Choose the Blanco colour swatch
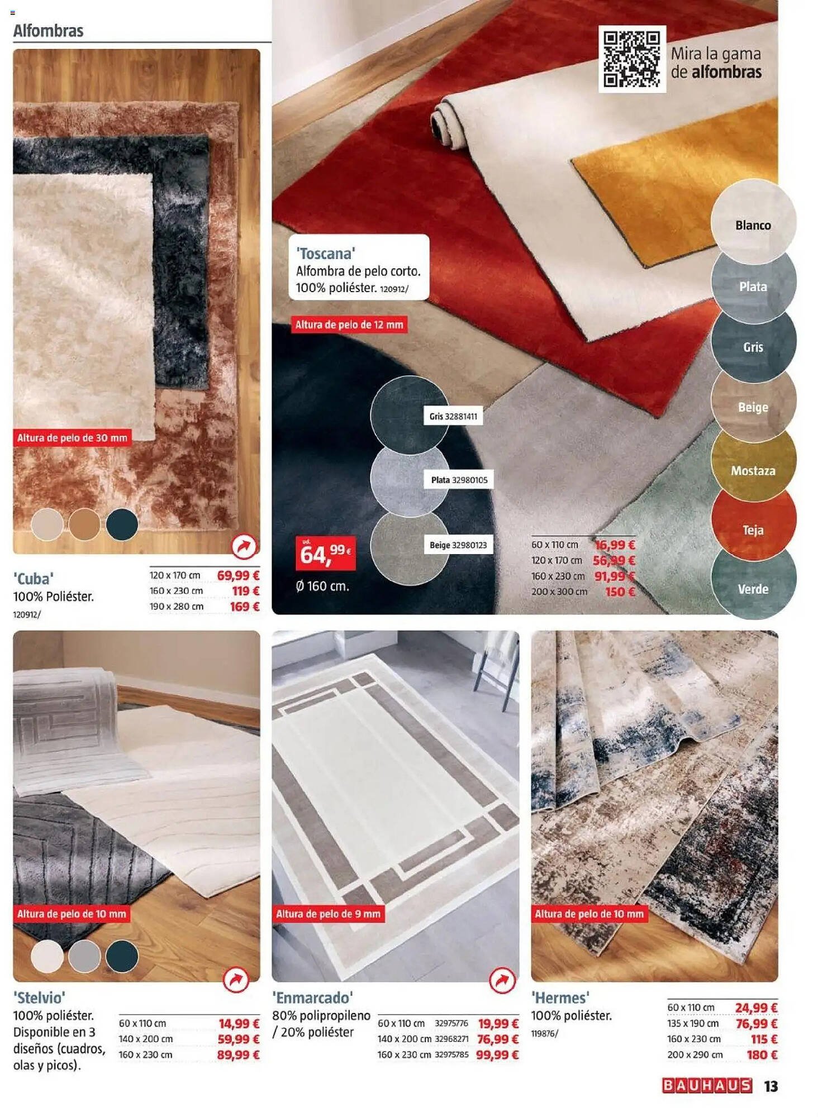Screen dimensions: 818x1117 coord(753,222)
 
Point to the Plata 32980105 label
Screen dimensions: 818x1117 coord(459,480)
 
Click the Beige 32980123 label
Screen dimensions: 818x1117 coord(458,545)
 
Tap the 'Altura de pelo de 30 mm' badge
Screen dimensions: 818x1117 coord(72,438)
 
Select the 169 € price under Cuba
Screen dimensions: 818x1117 coord(245,607)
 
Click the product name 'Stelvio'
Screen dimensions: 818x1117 coord(39,997)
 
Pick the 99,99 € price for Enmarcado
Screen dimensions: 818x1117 coord(497,1054)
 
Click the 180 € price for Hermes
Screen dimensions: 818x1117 coord(762,1054)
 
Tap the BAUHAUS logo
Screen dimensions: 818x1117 coord(707,1085)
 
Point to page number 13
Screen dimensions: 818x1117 coord(771,1086)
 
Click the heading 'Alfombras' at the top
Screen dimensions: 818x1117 coord(48,31)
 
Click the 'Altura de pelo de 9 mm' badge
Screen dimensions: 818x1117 coord(328,914)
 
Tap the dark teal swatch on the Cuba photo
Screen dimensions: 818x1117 coord(122,524)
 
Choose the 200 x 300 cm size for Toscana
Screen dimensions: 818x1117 coord(559,591)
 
